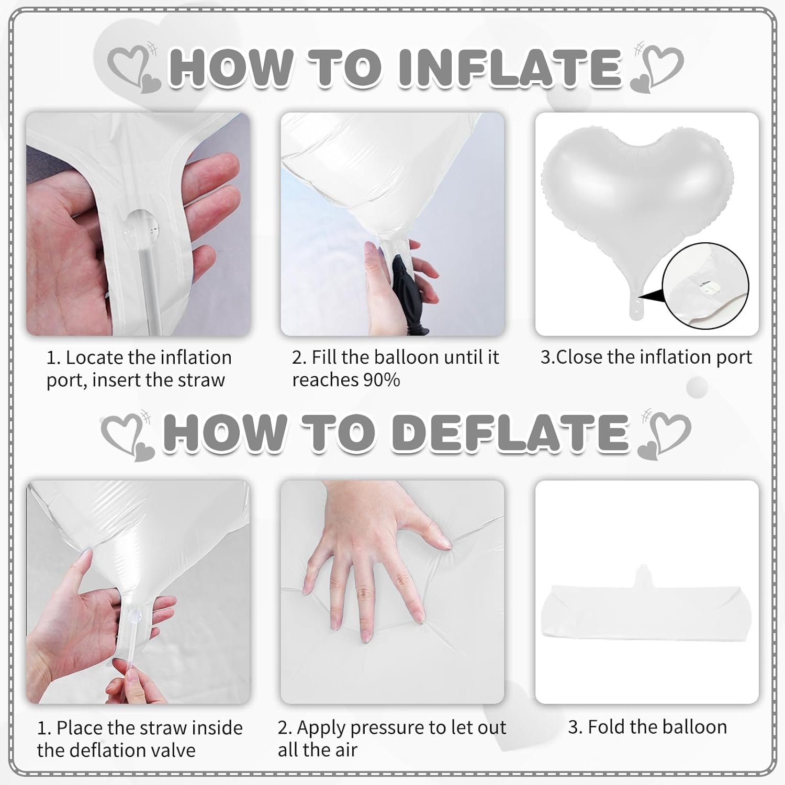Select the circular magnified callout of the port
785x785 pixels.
pyautogui.click(x=705, y=286)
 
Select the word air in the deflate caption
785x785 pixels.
pyautogui.click(x=345, y=750)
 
